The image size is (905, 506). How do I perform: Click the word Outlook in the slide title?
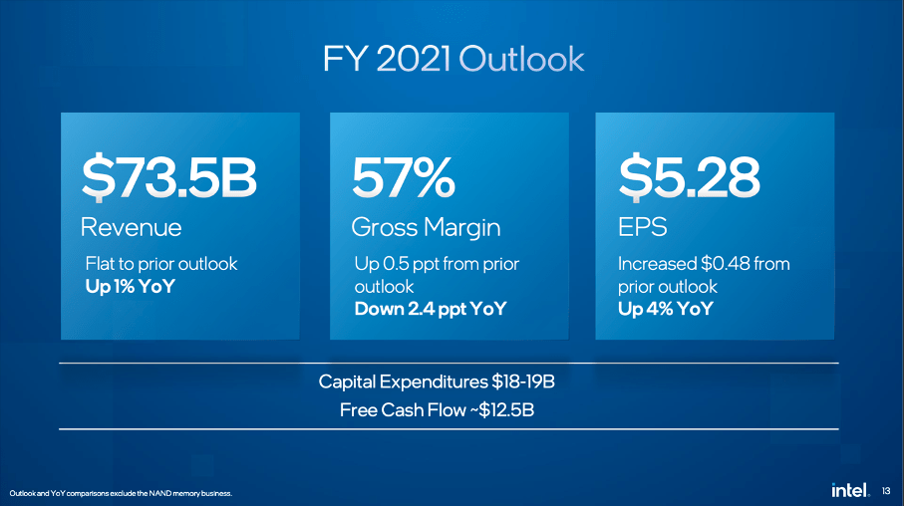click(520, 59)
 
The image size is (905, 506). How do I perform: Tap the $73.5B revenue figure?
click(168, 180)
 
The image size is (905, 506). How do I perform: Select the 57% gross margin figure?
click(403, 180)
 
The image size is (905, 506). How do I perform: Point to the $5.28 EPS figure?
click(689, 180)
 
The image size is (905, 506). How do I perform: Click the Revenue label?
click(131, 227)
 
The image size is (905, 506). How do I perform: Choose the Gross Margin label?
click(426, 227)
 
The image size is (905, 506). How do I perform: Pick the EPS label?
click(639, 227)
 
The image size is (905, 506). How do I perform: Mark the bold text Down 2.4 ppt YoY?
click(431, 309)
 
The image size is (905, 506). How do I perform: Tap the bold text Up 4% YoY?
click(665, 309)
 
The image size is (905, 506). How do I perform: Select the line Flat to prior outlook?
click(161, 264)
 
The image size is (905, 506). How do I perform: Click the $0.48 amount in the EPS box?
click(724, 264)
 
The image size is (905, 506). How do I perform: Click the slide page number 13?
click(887, 489)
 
